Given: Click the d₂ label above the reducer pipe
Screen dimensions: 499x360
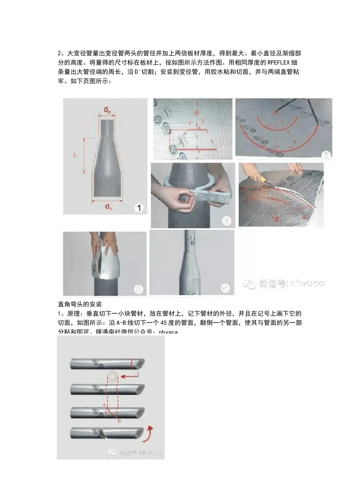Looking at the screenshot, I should [x=108, y=110].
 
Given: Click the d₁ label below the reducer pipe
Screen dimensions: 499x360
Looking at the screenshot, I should [x=108, y=206].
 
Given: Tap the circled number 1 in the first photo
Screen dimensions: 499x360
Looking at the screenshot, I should [x=139, y=207].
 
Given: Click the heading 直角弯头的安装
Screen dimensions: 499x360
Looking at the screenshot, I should [x=80, y=304].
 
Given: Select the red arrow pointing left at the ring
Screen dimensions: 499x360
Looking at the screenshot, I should [x=131, y=376].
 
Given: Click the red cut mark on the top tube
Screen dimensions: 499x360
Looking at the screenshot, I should [x=132, y=364].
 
